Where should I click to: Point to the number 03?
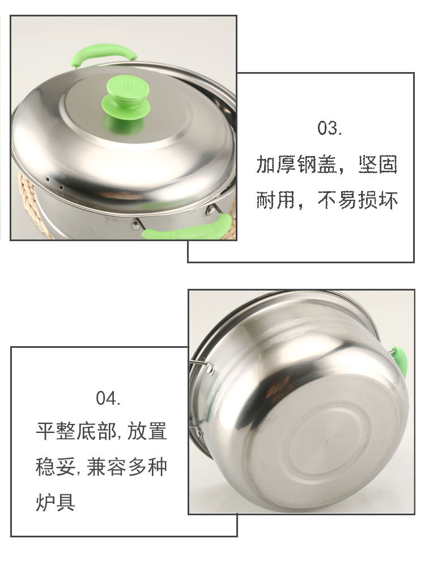click(x=329, y=128)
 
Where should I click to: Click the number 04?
click(x=108, y=398)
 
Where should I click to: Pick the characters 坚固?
click(x=378, y=165)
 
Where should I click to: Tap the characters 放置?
click(x=147, y=431)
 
